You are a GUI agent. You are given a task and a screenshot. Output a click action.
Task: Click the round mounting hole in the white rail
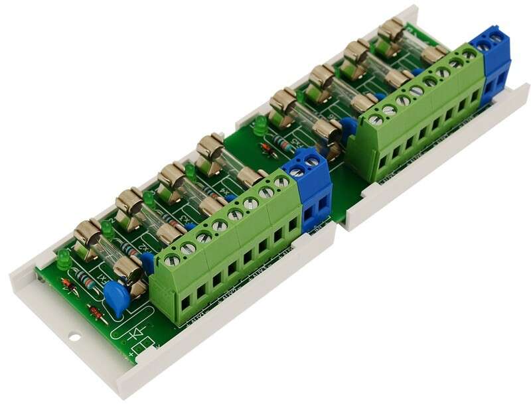click(74, 337)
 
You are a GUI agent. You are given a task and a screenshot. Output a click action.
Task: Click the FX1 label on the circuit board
click(104, 273)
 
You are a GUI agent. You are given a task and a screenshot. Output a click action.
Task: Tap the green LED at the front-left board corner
click(64, 259)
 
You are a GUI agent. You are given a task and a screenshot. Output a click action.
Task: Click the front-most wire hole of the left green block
click(186, 303)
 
